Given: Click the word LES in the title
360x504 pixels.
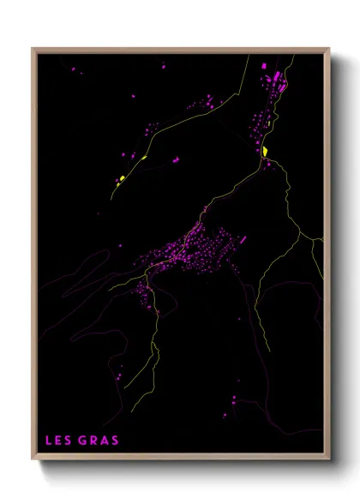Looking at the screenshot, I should click(58, 441).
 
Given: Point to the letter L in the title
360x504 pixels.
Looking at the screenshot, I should click(49, 441).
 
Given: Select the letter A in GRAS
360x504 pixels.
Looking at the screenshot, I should click(105, 441).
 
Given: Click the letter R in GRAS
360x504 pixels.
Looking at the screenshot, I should click(94, 441).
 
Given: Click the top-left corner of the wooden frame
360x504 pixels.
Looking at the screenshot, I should click(33, 49).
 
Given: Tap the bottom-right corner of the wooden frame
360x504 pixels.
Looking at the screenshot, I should click(329, 460).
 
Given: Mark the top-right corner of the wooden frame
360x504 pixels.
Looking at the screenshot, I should click(329, 49).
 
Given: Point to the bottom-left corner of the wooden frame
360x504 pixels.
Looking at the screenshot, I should click(33, 460).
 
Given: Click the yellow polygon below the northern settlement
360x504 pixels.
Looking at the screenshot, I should click(265, 152).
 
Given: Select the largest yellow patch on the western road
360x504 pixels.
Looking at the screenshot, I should click(123, 178).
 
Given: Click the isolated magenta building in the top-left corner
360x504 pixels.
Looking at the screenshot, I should click(73, 69).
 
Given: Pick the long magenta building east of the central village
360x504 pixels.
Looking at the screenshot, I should click(243, 239).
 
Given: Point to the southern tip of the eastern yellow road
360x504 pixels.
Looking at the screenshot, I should click(271, 351).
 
